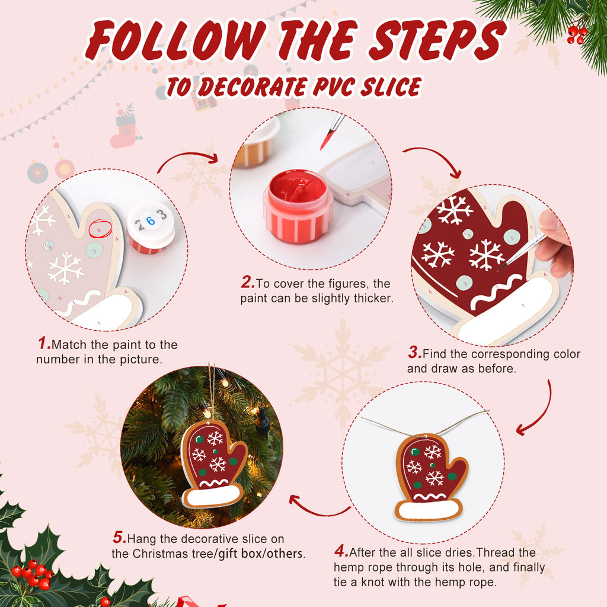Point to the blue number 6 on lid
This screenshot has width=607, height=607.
151,221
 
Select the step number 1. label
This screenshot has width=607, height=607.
43,344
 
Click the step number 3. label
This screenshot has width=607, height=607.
414,354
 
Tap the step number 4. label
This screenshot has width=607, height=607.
341,552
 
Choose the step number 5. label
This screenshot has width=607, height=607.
119,538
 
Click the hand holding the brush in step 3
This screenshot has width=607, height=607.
556,243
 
